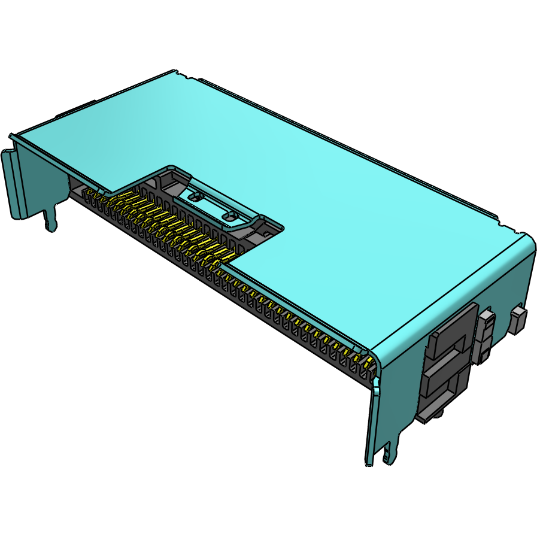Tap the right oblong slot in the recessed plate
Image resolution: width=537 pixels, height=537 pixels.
(x=230, y=215)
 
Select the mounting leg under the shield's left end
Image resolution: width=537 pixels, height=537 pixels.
(x=51, y=219)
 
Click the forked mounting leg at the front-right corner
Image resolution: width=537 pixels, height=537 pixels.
(x=390, y=452)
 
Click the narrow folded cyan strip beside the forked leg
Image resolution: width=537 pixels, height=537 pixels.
(x=372, y=419)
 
